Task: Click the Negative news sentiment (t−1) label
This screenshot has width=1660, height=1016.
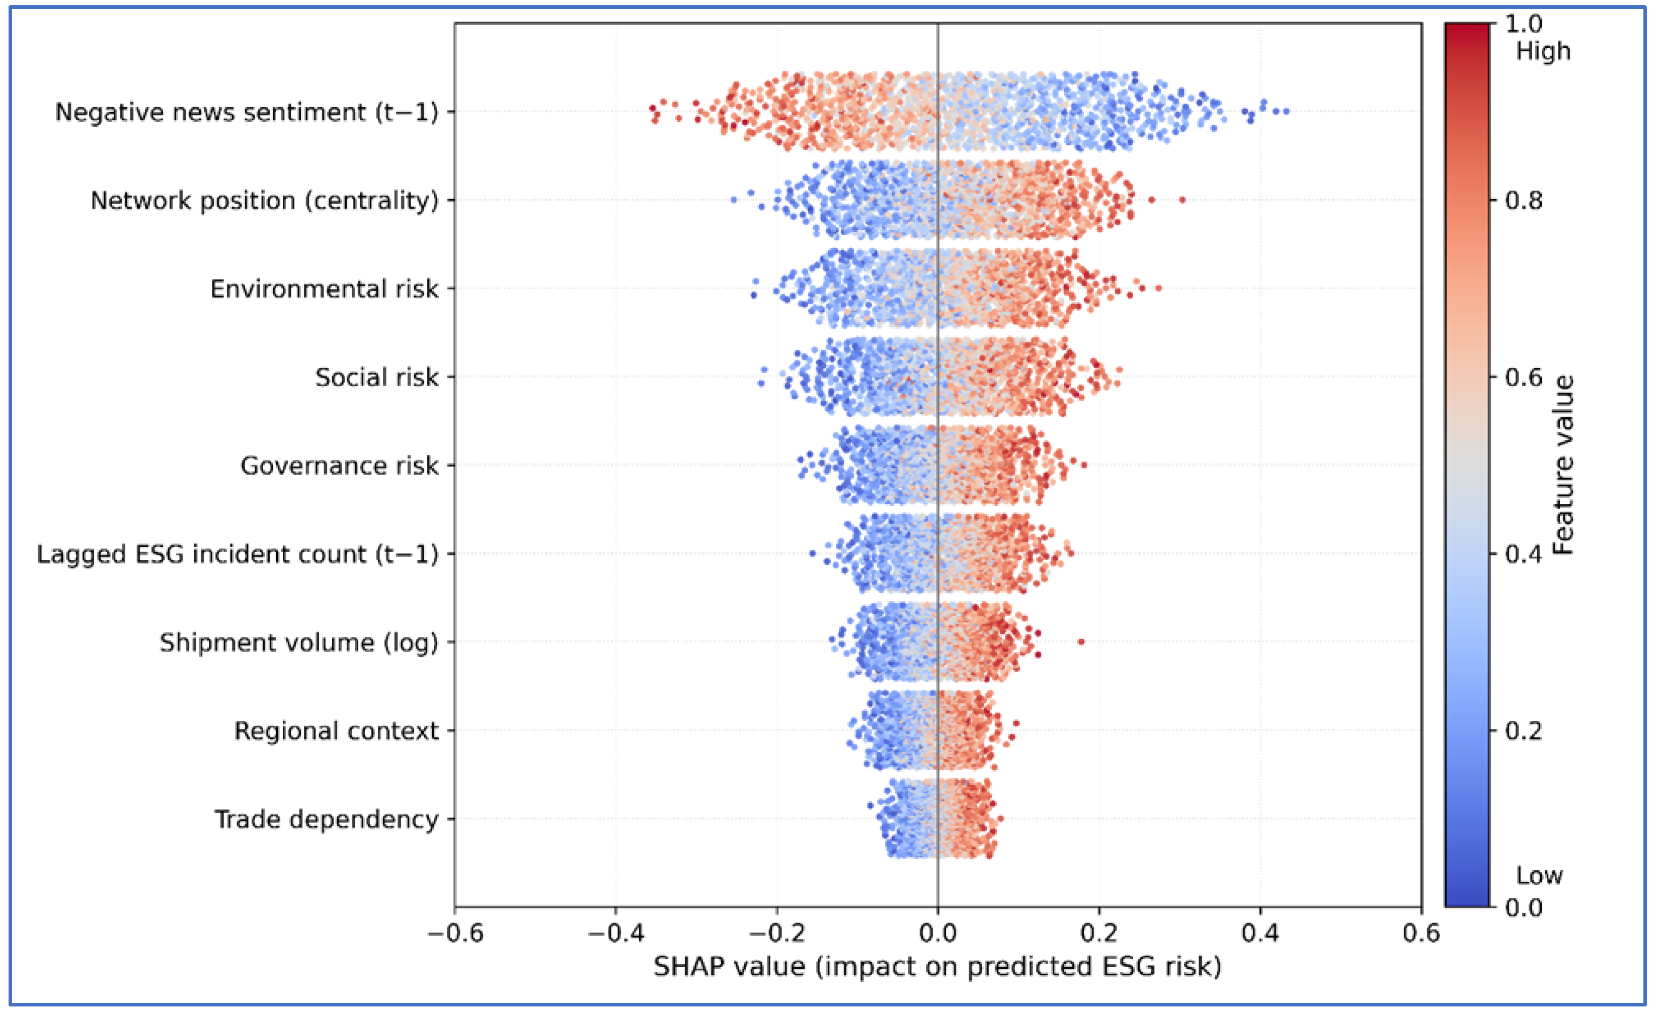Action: [x=246, y=112]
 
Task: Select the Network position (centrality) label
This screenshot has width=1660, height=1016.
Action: [x=264, y=200]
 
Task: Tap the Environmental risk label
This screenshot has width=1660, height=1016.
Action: [x=324, y=289]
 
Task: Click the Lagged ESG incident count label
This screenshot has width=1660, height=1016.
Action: [x=237, y=554]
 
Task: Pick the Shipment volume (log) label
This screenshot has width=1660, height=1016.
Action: [x=298, y=642]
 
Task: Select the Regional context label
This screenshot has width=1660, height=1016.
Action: [x=336, y=730]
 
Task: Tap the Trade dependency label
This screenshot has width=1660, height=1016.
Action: [x=326, y=819]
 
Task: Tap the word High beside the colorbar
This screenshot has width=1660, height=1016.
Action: [x=1543, y=51]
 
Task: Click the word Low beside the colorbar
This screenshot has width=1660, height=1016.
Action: [x=1539, y=875]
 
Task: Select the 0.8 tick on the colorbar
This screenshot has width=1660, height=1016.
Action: [x=1524, y=201]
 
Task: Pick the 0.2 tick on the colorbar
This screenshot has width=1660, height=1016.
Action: [x=1524, y=730]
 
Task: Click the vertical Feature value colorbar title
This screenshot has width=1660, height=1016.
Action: [x=1563, y=465]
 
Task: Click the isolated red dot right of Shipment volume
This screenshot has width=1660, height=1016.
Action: [x=1081, y=641]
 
